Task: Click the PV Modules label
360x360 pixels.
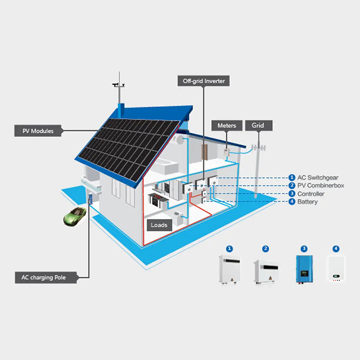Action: [38, 131]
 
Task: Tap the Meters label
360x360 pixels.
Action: [227, 126]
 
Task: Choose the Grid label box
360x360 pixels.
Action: [258, 126]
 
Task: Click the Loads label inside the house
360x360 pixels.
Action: [159, 225]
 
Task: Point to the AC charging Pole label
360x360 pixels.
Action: [40, 277]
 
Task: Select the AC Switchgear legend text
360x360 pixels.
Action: [318, 177]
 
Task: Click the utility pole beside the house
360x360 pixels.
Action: [257, 171]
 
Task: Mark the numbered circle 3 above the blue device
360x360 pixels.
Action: [304, 248]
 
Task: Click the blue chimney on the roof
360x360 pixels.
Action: [121, 109]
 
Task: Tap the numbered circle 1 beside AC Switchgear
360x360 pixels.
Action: [292, 177]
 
